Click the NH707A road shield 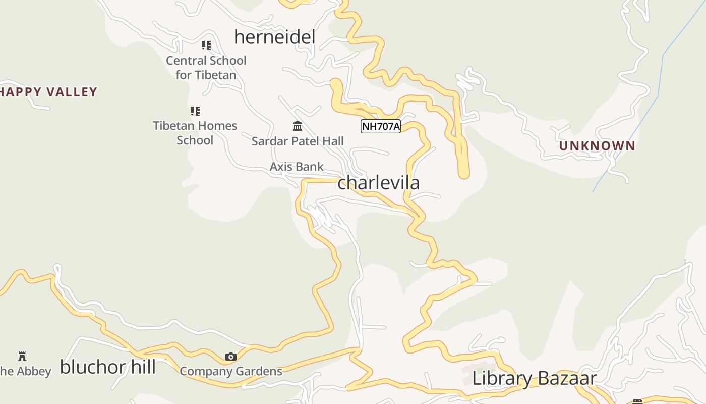[381, 126]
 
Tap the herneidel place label [275, 37]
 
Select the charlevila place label [378, 182]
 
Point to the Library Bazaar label [535, 378]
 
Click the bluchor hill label [108, 367]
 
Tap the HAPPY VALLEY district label [48, 92]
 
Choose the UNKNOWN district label [597, 146]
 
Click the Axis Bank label [297, 167]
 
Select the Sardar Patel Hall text [298, 141]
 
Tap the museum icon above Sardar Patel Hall [298, 126]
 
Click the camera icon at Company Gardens [231, 357]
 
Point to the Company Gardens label [231, 372]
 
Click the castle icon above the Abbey [22, 357]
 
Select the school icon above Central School [206, 45]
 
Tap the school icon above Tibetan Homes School [195, 111]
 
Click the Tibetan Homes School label [195, 133]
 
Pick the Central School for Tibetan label [206, 68]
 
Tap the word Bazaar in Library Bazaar [567, 378]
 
